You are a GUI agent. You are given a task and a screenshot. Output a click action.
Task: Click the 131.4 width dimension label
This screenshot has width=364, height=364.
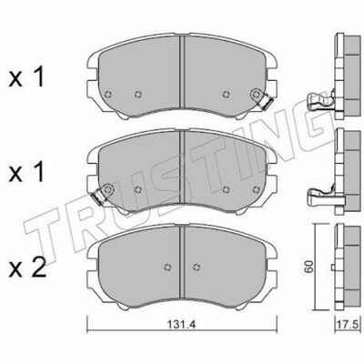click(182, 324)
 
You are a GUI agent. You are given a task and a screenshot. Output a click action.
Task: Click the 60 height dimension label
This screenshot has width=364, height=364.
click(308, 267)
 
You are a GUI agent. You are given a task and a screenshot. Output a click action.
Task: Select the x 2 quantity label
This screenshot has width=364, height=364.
click(27, 268)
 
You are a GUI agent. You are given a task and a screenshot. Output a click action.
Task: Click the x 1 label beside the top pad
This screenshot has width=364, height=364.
click(26, 77)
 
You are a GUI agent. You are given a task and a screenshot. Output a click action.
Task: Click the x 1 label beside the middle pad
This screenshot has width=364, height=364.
click(26, 172)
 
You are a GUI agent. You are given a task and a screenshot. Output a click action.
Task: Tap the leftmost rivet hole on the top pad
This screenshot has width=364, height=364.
click(107, 95)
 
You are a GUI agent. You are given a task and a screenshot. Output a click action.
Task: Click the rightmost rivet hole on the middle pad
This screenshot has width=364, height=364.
click(257, 189)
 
